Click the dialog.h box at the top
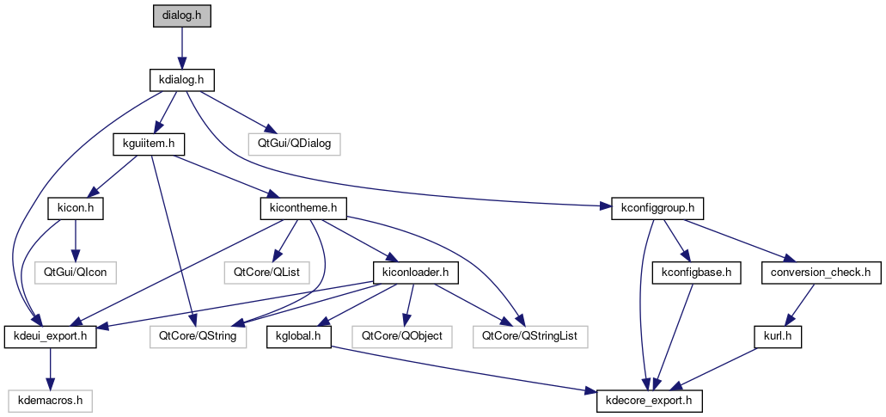(180, 16)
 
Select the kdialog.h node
(180, 80)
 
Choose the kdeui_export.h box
(51, 337)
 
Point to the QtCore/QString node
(199, 337)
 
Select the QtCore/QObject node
(402, 337)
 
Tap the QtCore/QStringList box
(529, 337)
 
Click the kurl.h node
(780, 337)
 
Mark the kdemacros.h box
(51, 402)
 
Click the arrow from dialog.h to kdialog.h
(180, 48)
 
